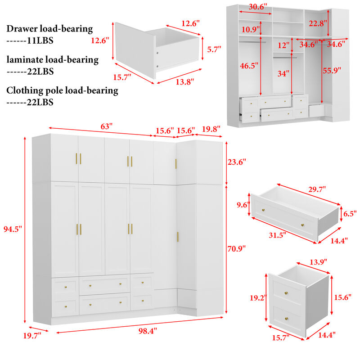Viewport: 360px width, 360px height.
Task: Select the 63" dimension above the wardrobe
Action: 106,126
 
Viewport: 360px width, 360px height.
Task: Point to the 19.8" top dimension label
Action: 211,129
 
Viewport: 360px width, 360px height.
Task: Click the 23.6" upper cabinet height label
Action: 238,162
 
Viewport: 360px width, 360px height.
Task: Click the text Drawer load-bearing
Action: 49,29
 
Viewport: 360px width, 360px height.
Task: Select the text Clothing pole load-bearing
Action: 62,90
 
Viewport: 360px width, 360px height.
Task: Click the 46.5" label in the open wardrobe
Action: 249,66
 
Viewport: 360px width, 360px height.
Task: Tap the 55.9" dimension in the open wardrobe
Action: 332,70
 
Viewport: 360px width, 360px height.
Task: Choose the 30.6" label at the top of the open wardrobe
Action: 258,7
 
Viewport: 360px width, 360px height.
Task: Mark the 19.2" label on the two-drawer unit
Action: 260,298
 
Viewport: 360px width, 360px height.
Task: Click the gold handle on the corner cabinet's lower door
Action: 178,237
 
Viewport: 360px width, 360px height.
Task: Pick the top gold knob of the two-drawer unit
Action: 285,293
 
